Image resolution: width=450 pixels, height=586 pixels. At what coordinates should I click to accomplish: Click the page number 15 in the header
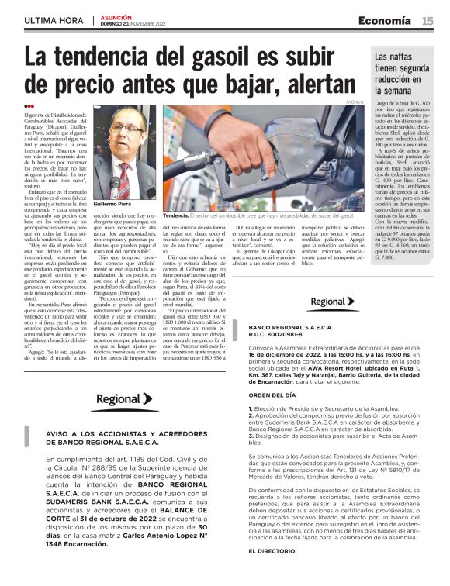pos(427,21)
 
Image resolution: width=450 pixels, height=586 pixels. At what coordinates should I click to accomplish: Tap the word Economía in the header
pos(386,21)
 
